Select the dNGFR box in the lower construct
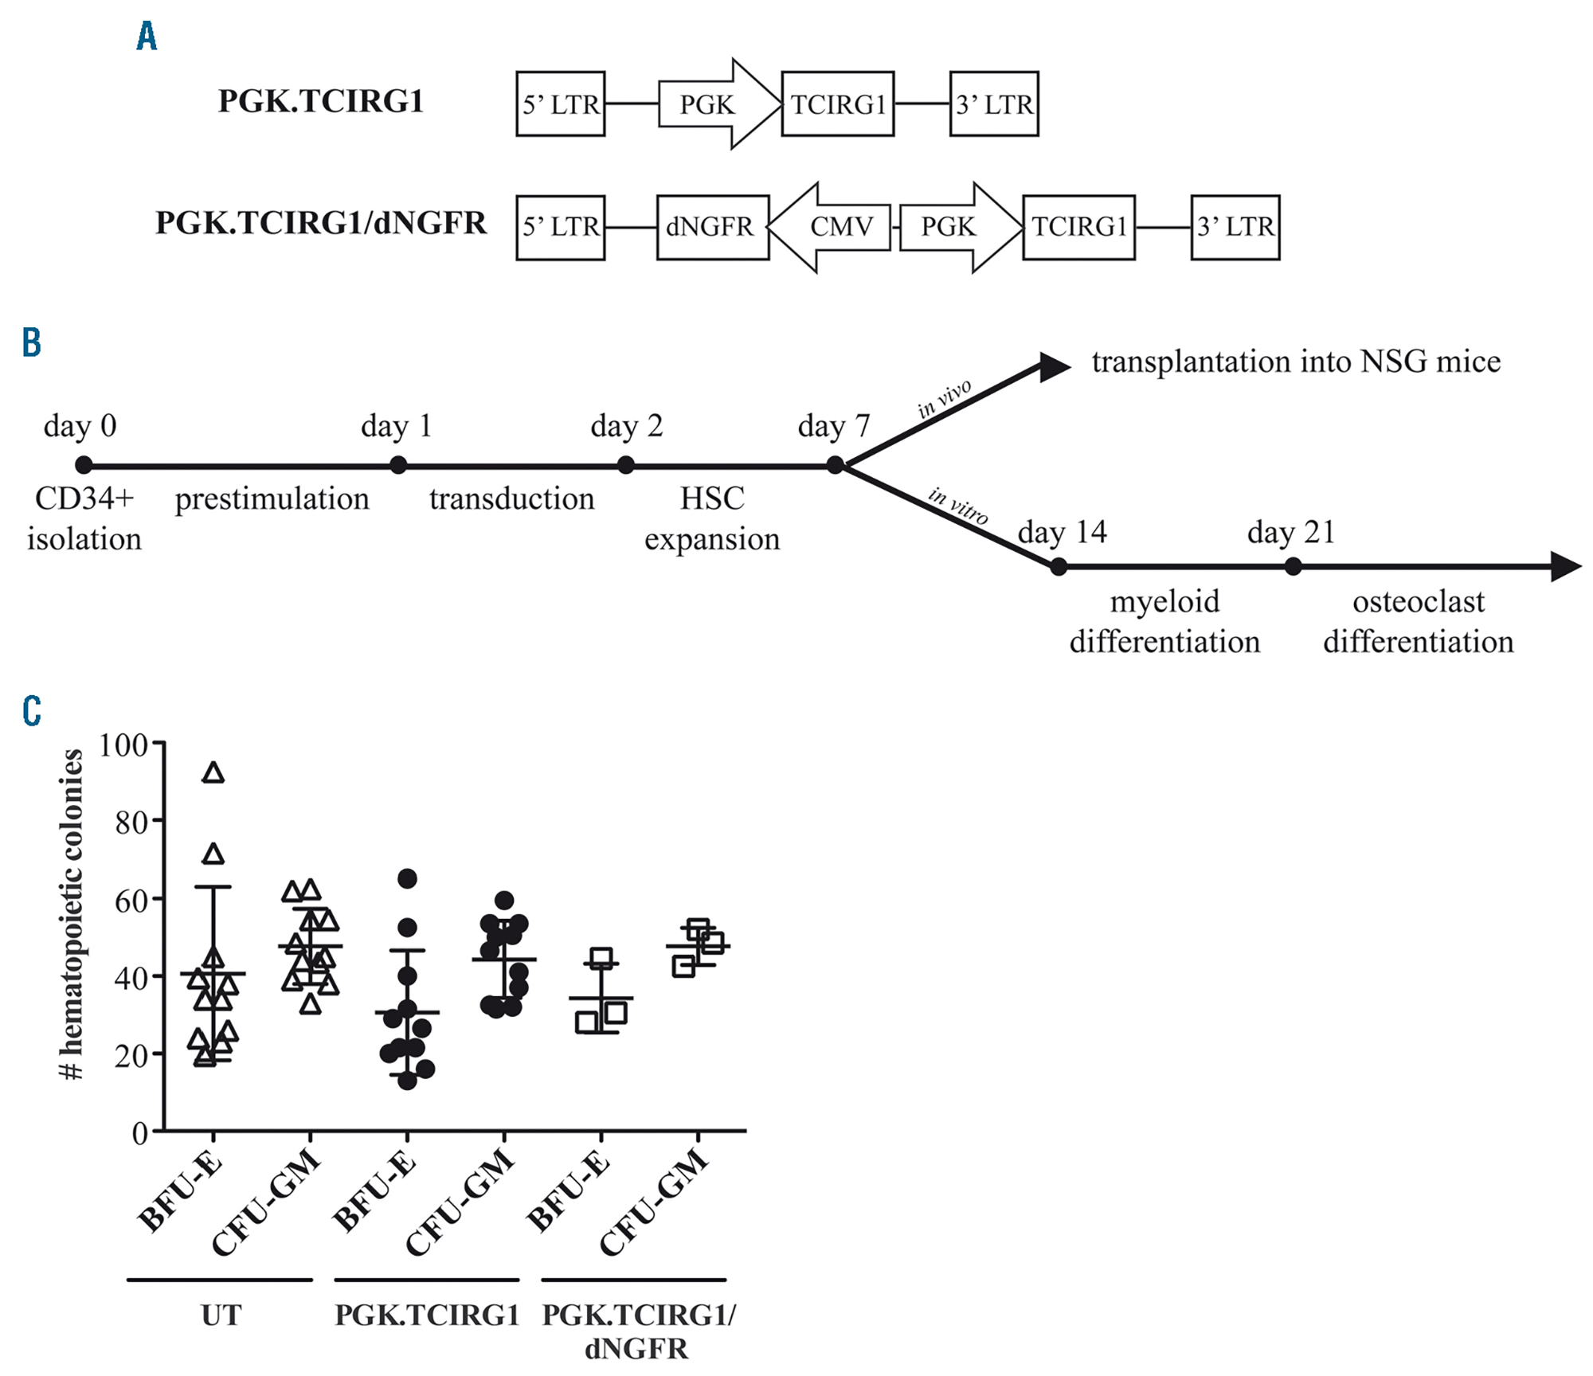tap(712, 227)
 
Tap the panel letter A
tap(147, 37)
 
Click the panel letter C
tap(32, 711)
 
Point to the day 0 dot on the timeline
tap(84, 465)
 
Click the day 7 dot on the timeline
tap(835, 465)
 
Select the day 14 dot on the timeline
tap(1058, 567)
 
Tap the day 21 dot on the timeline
tap(1293, 567)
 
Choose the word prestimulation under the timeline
tap(272, 499)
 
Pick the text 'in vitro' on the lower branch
tap(958, 506)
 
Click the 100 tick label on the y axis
tap(123, 745)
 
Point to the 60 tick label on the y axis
tap(131, 901)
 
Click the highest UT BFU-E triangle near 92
tap(213, 773)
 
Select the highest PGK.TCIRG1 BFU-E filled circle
tap(407, 878)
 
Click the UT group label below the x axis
tap(220, 1315)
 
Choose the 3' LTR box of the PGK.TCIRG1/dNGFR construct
tap(1235, 227)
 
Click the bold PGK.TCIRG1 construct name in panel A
tap(320, 101)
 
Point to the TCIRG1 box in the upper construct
tap(837, 104)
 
